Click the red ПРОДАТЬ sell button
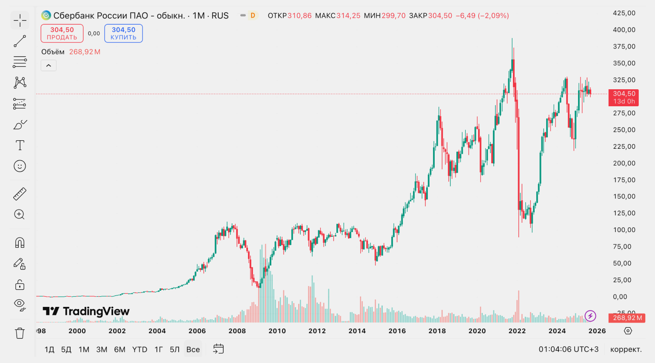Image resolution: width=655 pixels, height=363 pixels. tap(62, 33)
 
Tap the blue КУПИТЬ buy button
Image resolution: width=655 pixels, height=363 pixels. tap(123, 33)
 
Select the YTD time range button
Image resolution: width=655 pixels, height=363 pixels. tap(140, 349)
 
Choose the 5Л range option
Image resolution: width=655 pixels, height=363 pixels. tap(175, 349)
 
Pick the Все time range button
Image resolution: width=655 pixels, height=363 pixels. tap(193, 349)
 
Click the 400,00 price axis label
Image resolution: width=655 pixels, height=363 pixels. tap(624, 30)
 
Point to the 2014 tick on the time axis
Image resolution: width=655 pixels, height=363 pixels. tap(357, 331)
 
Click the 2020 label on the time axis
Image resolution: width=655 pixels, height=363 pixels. tap(477, 331)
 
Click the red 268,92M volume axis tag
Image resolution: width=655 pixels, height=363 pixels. tap(627, 318)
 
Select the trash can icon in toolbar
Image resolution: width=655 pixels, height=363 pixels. tap(20, 333)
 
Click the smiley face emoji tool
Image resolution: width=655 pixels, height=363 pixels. tap(20, 166)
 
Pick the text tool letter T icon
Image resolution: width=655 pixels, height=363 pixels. tap(20, 145)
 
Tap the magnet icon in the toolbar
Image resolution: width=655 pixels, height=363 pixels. tap(20, 242)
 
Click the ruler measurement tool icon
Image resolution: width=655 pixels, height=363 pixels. tap(20, 194)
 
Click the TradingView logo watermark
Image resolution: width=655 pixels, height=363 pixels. tap(86, 312)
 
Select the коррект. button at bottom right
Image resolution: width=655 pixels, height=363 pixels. tap(626, 349)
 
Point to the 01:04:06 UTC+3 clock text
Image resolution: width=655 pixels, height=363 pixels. tap(568, 349)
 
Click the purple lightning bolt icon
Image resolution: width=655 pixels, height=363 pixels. tap(590, 316)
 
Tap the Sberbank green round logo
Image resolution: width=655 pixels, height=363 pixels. tap(46, 16)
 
